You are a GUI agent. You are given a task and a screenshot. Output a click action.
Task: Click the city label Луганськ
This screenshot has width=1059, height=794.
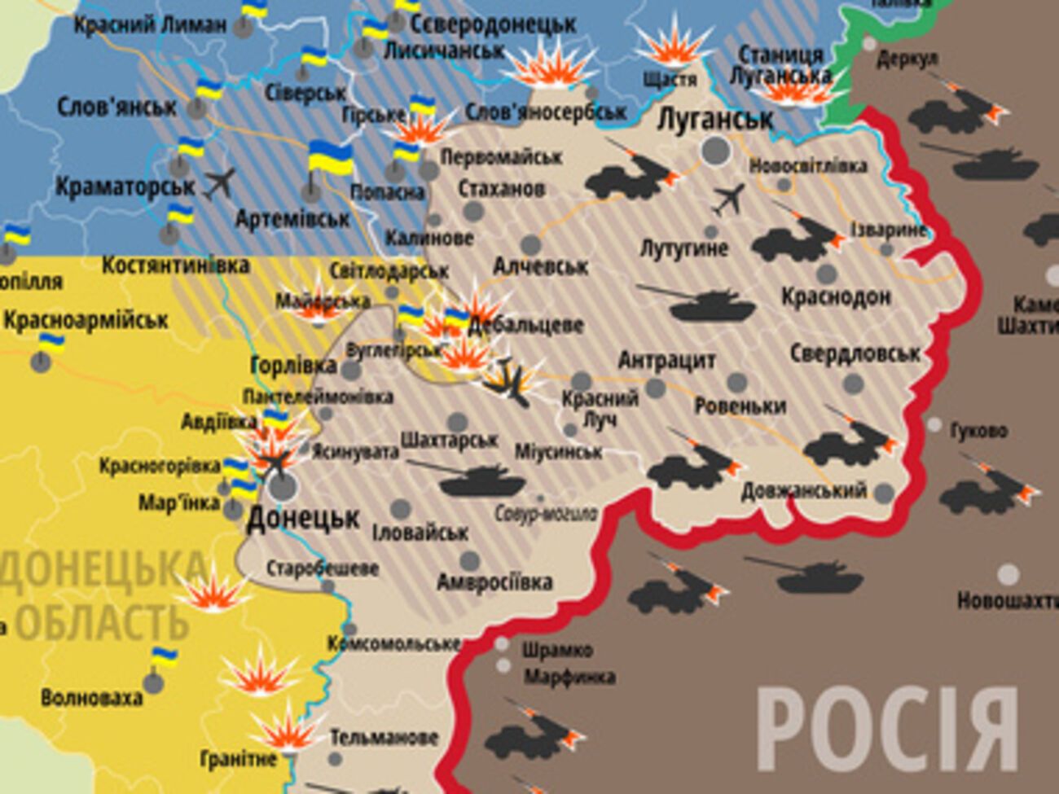(x=714, y=120)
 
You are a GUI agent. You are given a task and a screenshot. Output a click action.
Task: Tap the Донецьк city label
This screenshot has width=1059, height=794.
(x=302, y=518)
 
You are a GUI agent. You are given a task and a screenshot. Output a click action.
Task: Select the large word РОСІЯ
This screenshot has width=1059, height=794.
(x=887, y=729)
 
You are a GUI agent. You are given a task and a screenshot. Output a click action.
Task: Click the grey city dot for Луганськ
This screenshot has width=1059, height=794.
(x=716, y=150)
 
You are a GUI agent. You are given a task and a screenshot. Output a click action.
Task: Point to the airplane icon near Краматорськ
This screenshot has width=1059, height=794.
(x=219, y=183)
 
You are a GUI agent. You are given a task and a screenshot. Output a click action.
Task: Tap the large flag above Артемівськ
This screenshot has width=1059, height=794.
(x=330, y=158)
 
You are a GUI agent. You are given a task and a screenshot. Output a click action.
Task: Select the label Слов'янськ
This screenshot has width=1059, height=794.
(x=116, y=107)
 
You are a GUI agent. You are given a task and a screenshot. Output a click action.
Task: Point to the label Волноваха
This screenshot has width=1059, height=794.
(x=91, y=697)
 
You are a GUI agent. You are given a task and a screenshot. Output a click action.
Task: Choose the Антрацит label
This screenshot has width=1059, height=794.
(x=666, y=360)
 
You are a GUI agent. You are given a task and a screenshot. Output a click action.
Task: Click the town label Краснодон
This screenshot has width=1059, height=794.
(x=836, y=296)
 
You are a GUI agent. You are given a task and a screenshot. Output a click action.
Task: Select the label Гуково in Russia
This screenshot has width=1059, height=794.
(x=978, y=429)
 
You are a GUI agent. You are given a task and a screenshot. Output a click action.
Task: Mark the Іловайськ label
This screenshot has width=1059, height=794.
(x=420, y=533)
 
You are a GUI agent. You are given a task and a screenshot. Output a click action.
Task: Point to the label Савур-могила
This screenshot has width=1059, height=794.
(x=546, y=514)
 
